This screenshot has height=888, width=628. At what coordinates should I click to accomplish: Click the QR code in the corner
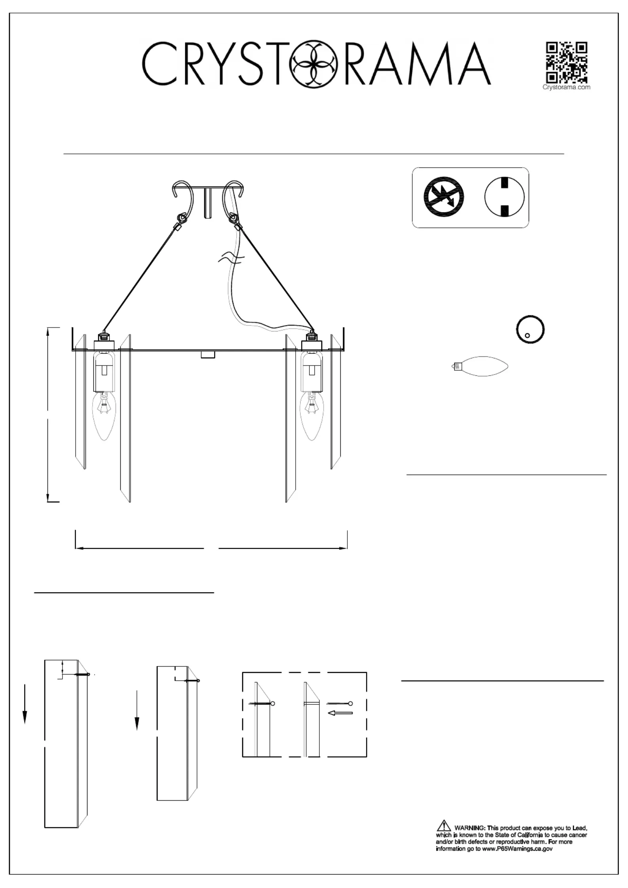(567, 62)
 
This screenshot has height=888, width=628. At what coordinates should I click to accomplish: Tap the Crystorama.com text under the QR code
(566, 87)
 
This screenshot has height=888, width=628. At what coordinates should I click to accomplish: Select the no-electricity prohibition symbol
(444, 197)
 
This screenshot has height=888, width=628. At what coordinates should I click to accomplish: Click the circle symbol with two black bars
(504, 197)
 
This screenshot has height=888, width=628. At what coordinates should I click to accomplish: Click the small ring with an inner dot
(530, 329)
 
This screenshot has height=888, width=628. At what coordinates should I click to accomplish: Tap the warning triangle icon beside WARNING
(444, 826)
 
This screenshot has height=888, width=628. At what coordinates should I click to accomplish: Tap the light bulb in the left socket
(104, 416)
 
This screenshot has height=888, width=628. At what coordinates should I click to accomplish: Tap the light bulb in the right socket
(312, 416)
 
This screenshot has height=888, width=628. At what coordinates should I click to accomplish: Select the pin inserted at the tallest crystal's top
(82, 674)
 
